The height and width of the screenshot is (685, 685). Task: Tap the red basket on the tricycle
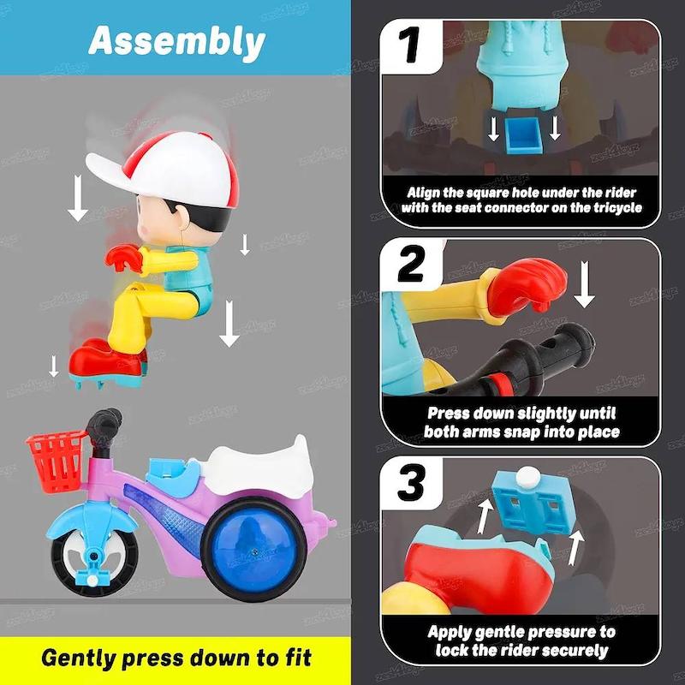56,461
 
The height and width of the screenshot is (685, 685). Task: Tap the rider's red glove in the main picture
123,259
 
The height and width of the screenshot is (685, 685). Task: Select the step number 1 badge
409,45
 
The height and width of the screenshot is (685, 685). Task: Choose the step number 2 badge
411,264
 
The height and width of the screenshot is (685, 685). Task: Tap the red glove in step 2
527,287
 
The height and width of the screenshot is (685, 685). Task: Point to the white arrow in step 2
584,284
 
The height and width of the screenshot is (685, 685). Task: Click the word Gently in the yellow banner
79,658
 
